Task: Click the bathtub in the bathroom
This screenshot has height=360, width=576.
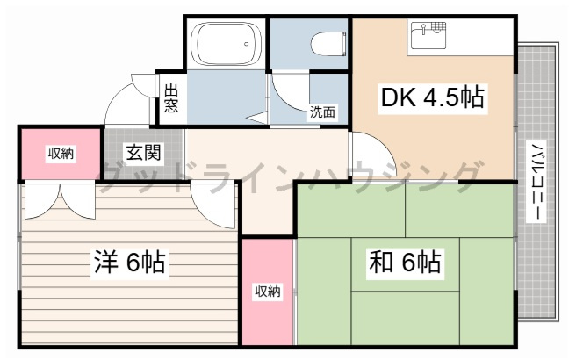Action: coord(227,43)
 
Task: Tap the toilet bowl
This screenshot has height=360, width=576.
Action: coord(328,43)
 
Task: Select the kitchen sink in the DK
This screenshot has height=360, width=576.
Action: coord(428,35)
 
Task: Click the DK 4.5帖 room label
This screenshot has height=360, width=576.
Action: coord(432,97)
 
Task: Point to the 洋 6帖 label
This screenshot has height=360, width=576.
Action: coord(129,263)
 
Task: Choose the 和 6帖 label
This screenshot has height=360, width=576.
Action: coord(405,263)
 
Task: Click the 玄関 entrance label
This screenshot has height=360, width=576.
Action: coord(143,153)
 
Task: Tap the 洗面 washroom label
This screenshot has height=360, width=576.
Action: coord(322,112)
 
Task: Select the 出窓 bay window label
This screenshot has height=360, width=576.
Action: coord(171,97)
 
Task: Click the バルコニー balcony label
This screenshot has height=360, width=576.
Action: coord(536,182)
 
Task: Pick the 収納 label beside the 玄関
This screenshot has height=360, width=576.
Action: coord(61,154)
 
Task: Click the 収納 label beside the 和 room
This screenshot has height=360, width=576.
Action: coord(268,292)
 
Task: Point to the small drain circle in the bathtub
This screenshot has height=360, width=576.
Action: coord(247,44)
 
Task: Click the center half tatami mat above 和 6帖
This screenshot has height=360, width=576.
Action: coord(405,264)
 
